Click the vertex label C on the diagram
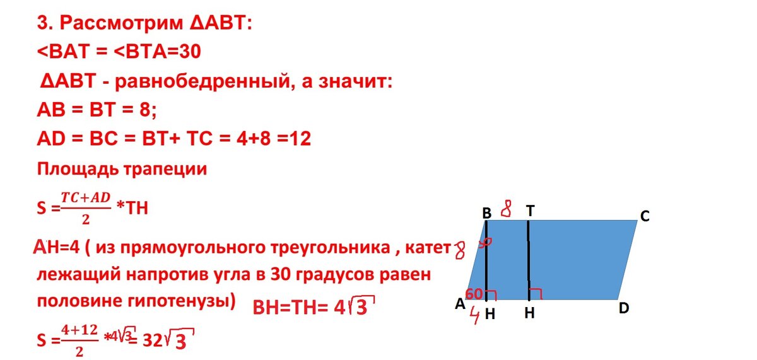click(644, 216)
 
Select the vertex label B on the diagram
click(487, 214)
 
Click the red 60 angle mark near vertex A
click(474, 294)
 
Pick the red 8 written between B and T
click(506, 208)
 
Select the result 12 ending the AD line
click(300, 139)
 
